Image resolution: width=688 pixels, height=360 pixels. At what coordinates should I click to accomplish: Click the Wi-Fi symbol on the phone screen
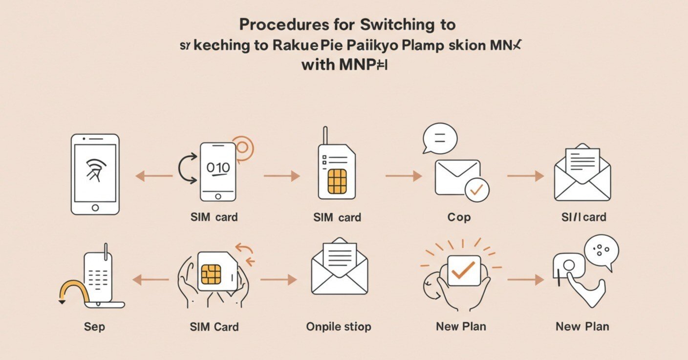click(x=95, y=169)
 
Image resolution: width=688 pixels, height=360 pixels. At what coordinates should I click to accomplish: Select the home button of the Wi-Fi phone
click(x=95, y=208)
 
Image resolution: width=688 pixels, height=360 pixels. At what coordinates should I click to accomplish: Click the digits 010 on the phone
click(x=218, y=168)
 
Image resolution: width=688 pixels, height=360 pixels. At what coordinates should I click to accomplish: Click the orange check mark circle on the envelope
click(x=477, y=190)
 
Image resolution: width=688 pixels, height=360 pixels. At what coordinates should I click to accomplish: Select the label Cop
click(x=459, y=217)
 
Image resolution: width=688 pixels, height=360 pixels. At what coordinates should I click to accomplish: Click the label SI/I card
click(x=583, y=217)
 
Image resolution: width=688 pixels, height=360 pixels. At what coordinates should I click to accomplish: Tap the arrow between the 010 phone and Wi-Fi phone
click(x=153, y=176)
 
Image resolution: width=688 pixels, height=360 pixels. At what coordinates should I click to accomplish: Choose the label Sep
click(x=94, y=326)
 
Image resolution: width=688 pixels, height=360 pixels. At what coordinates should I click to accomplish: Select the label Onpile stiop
click(x=339, y=326)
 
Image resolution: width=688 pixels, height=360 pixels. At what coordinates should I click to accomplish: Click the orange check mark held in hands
click(x=463, y=269)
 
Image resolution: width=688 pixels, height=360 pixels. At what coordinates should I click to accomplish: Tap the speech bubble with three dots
click(x=601, y=251)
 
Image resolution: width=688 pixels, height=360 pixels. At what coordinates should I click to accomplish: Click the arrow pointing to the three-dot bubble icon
click(x=525, y=280)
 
